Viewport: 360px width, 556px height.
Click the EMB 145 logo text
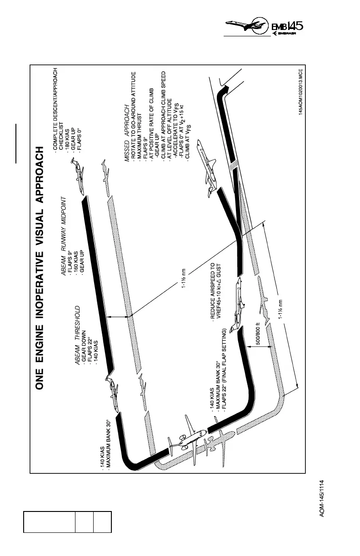pos(286,27)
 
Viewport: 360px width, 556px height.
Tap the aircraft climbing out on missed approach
pos(207,165)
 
